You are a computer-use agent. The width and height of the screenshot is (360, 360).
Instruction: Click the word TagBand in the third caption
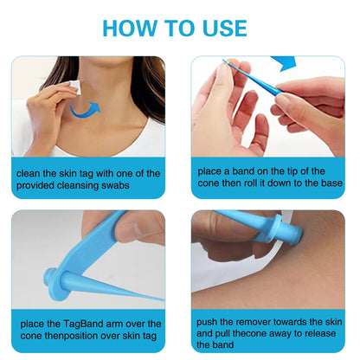coord(77,324)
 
